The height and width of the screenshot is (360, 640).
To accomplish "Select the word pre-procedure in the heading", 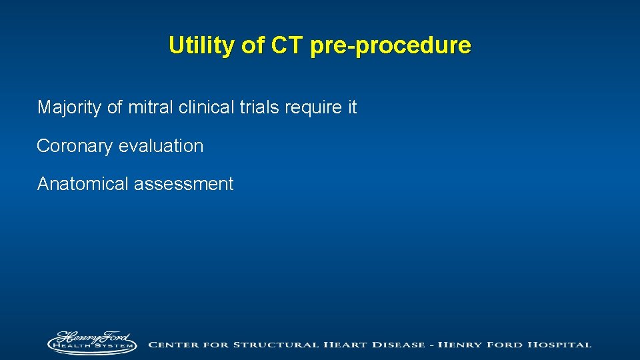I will [x=390, y=46].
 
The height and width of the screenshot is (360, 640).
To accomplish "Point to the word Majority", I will [x=70, y=107].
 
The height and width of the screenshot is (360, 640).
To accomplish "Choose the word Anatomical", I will [x=83, y=184].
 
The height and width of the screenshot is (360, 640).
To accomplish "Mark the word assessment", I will [x=184, y=184].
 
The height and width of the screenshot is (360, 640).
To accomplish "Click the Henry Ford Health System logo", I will [x=91, y=343].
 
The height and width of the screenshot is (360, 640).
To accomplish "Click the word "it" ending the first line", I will [x=352, y=107].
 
